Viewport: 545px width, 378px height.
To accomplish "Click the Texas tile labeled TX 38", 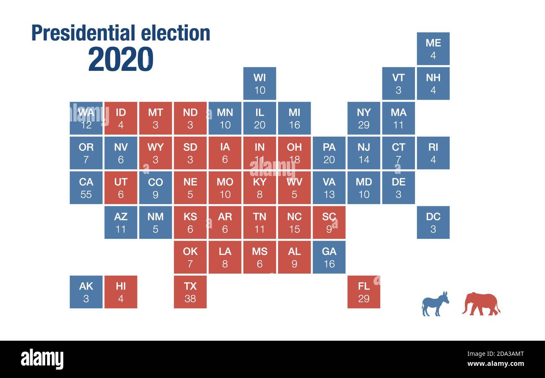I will pyautogui.click(x=190, y=292).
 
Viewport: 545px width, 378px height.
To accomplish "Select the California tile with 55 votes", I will pyautogui.click(x=86, y=188).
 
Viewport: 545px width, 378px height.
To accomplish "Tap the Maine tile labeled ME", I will pyautogui.click(x=433, y=49).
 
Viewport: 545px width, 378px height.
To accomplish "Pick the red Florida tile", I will pyautogui.click(x=363, y=292).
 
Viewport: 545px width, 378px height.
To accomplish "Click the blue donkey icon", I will pyautogui.click(x=435, y=304).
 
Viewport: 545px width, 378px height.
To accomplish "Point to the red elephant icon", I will pyautogui.click(x=481, y=304).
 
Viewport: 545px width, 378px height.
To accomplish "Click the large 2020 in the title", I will pyautogui.click(x=121, y=59).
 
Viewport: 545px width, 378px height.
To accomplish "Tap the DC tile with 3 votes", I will pyautogui.click(x=433, y=223).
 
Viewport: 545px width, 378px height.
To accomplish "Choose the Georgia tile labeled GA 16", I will pyautogui.click(x=329, y=257).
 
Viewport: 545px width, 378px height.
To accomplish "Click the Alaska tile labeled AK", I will pyautogui.click(x=86, y=292).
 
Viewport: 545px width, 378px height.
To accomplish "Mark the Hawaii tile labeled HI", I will pyautogui.click(x=121, y=292).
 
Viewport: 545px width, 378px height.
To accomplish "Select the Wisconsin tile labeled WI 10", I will pyautogui.click(x=260, y=83).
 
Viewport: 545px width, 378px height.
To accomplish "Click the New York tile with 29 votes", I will pyautogui.click(x=363, y=118).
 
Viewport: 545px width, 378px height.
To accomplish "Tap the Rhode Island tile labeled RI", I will pyautogui.click(x=433, y=153).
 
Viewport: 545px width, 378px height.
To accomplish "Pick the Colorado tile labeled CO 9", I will pyautogui.click(x=156, y=188).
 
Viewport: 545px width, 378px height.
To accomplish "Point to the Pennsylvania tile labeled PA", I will pyautogui.click(x=329, y=153).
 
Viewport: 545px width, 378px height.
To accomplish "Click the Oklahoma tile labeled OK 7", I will pyautogui.click(x=190, y=257).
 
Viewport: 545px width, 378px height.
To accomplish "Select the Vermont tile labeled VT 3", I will pyautogui.click(x=398, y=83).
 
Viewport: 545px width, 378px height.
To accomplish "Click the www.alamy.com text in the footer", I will pyautogui.click(x=495, y=364).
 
